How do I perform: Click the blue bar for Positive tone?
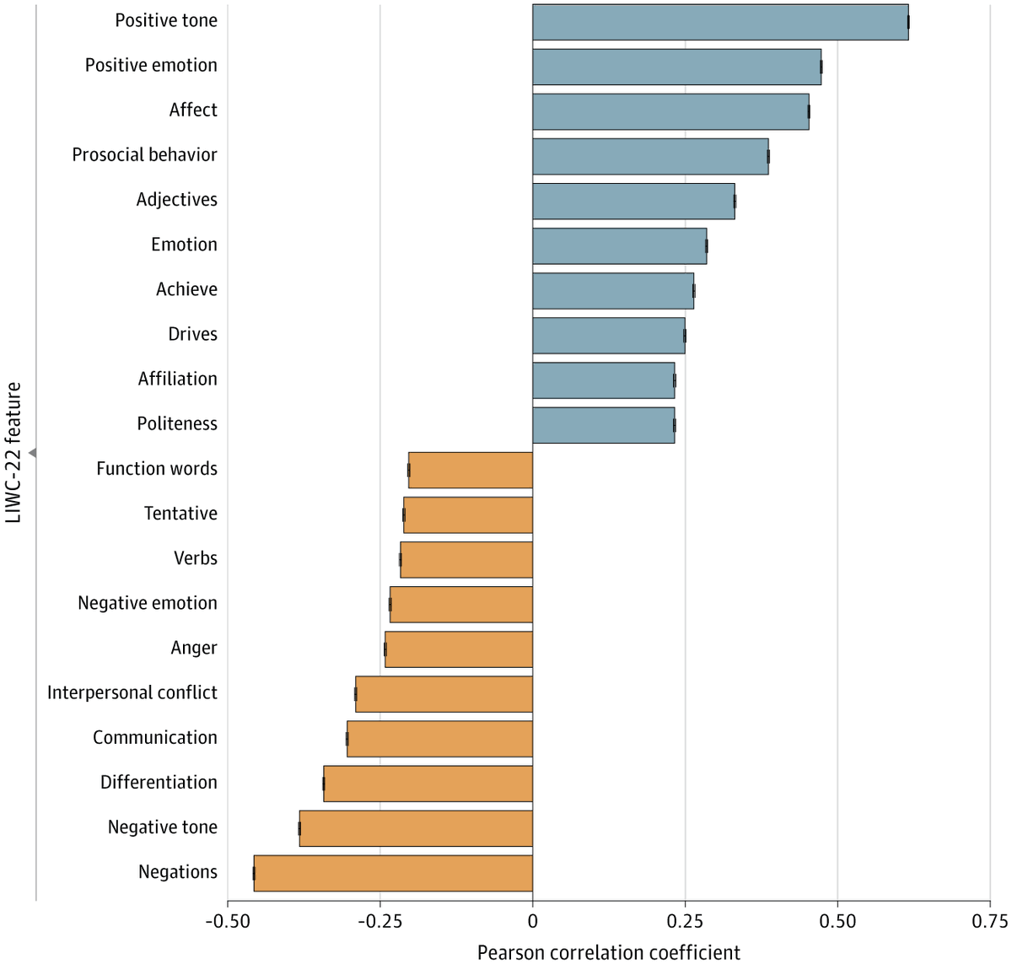point(719,22)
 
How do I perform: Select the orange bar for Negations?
point(393,873)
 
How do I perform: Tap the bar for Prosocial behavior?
point(649,156)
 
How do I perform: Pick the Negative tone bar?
point(416,828)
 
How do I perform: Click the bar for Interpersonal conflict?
point(444,694)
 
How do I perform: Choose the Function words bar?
point(470,470)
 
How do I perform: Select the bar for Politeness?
point(603,425)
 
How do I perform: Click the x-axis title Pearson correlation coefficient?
point(608,952)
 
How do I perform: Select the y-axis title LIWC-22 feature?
point(13,453)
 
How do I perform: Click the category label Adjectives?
point(176,200)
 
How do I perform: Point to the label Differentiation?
point(159,783)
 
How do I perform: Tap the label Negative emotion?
point(148,603)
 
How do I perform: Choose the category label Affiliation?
point(177,379)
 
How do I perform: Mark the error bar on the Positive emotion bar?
point(821,67)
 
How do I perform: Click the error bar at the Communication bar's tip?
point(347,739)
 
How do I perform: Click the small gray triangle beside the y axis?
point(32,453)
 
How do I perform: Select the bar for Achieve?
point(612,291)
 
